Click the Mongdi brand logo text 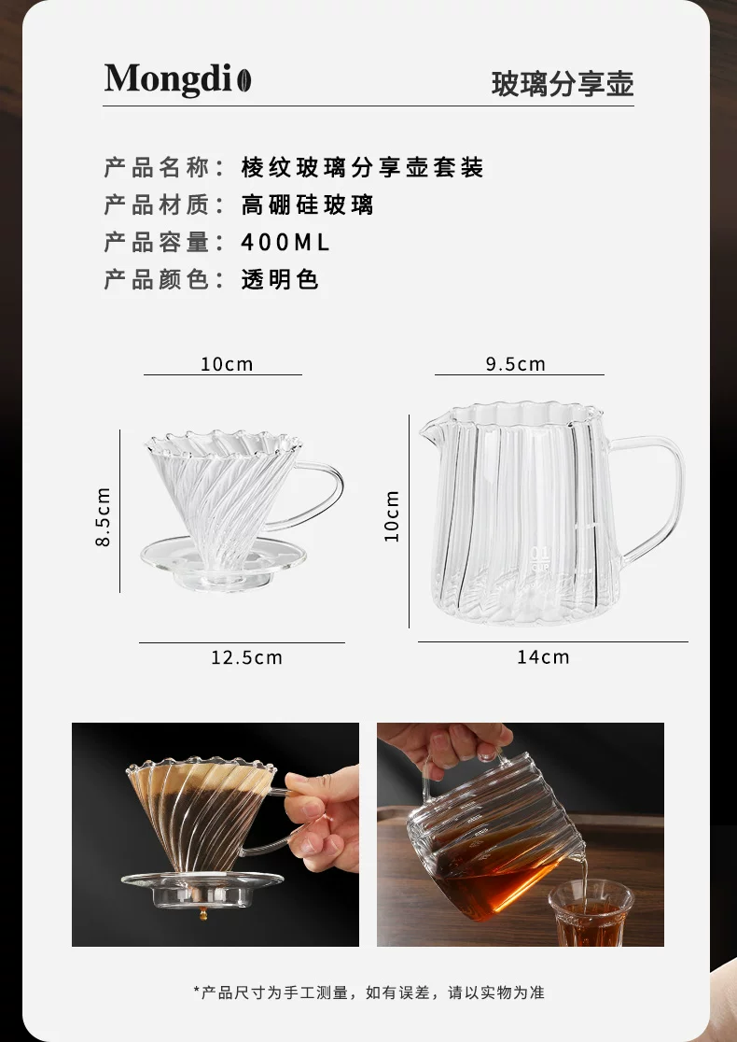tap(168, 79)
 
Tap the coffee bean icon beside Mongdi tap(244, 79)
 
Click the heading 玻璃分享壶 tap(563, 84)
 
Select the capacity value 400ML tap(285, 243)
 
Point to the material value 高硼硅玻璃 tap(307, 204)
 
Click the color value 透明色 tap(280, 279)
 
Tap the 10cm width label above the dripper tap(227, 364)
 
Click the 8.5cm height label tap(104, 516)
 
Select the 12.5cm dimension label tap(247, 657)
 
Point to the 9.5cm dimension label tap(515, 364)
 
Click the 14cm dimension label tap(543, 656)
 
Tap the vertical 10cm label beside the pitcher tap(393, 516)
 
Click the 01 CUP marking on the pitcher tap(540, 559)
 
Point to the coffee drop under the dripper tap(203, 914)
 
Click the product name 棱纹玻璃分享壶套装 tap(363, 167)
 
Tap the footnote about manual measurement tap(368, 993)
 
